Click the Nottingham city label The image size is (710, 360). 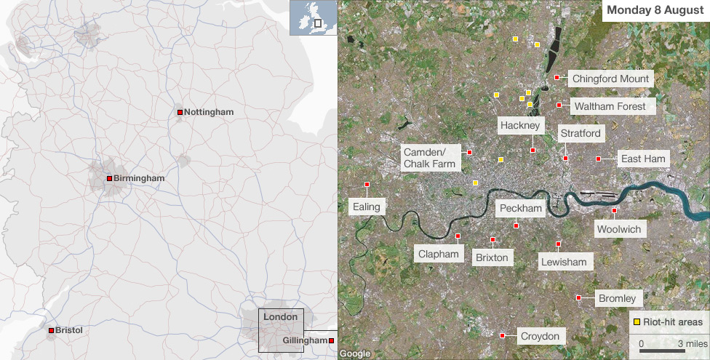pyautogui.click(x=209, y=112)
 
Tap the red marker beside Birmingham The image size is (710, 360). pyautogui.click(x=109, y=178)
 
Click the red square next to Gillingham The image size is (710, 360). pyautogui.click(x=331, y=340)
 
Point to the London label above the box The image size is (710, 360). pyautogui.click(x=280, y=317)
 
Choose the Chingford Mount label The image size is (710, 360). pyautogui.click(x=610, y=79)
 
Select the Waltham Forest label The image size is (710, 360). pyautogui.click(x=610, y=106)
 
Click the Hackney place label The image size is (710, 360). pyautogui.click(x=520, y=126)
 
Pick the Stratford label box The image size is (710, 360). pyautogui.click(x=581, y=133)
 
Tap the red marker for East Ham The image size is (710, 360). pyautogui.click(x=598, y=159)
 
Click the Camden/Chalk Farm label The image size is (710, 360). pyautogui.click(x=429, y=157)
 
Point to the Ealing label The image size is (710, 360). pyautogui.click(x=366, y=207)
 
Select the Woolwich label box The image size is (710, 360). pyautogui.click(x=619, y=229)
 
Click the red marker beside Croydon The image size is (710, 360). pyautogui.click(x=502, y=335)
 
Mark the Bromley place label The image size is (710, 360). pyautogui.click(x=617, y=298)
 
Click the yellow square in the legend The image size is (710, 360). pyautogui.click(x=637, y=321)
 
